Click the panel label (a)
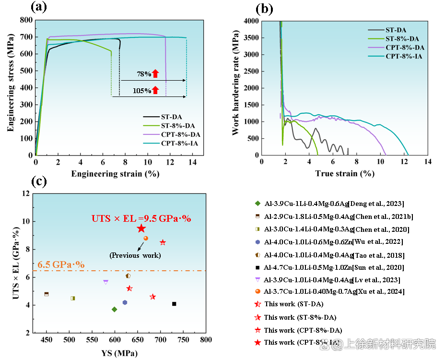(38, 7)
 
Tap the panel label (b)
(265, 8)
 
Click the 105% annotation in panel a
(142, 90)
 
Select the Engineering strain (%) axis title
(115, 174)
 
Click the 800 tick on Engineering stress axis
(26, 20)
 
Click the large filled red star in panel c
(141, 228)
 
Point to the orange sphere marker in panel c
(146, 238)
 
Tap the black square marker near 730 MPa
(174, 303)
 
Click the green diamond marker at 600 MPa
(114, 309)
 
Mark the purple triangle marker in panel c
(105, 282)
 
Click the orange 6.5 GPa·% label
(61, 264)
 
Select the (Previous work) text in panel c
(135, 255)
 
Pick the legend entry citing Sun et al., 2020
(331, 267)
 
